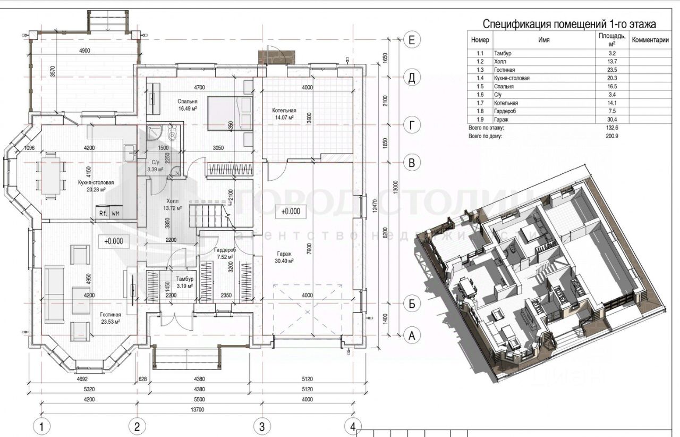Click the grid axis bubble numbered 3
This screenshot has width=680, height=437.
pos(261,426)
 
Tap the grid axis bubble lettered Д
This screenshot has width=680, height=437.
pos(411,78)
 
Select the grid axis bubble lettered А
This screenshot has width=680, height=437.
pos(411,335)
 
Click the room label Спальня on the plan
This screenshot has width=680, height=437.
pos(188,101)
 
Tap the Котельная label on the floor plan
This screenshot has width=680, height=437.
pos(285,111)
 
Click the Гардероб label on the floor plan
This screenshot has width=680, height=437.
pos(225,250)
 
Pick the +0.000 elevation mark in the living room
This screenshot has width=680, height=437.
pos(114,241)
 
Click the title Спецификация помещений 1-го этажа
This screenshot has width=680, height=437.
pos(569,24)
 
